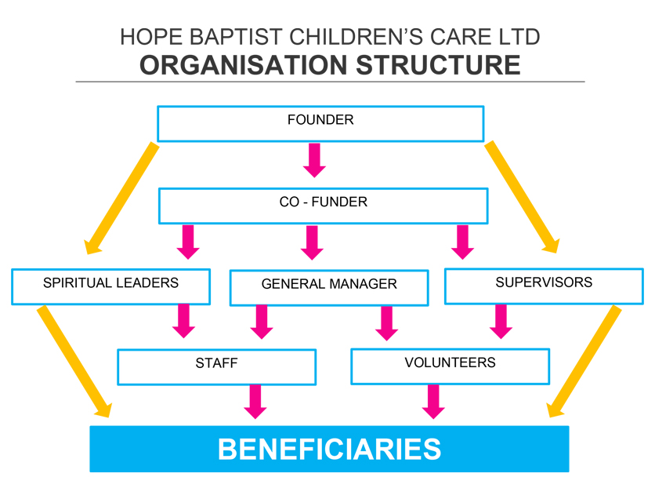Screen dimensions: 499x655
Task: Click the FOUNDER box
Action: tap(320, 123)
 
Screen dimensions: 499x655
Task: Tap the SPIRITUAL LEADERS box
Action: tap(110, 286)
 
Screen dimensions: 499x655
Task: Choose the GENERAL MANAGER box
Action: tap(329, 287)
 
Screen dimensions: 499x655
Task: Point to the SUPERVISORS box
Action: tap(544, 286)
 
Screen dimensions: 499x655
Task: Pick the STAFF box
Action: tap(216, 366)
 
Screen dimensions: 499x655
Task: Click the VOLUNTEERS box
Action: tap(450, 366)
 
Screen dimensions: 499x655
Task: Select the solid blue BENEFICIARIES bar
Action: tap(329, 449)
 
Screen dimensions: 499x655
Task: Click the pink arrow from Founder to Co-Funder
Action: tap(315, 159)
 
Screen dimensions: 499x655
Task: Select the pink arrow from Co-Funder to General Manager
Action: tap(312, 242)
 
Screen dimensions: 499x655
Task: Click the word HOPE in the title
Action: tap(144, 37)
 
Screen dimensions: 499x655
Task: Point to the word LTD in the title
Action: tap(520, 37)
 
